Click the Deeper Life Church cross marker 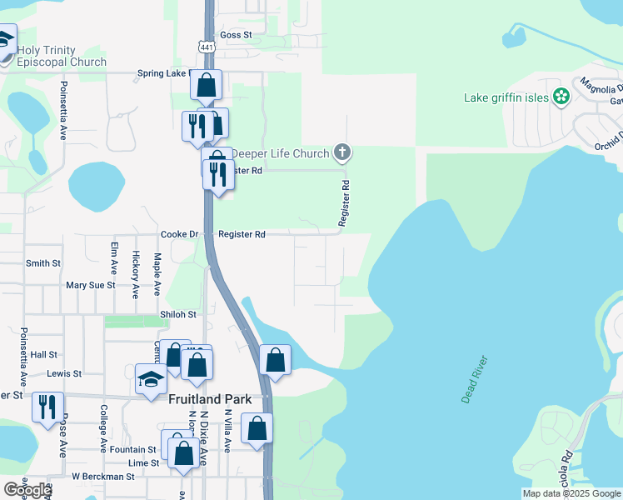tap(341, 152)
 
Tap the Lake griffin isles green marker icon tap(561, 97)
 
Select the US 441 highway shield tap(206, 47)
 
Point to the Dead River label tap(475, 381)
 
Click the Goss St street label tap(236, 35)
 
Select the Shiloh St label tap(177, 314)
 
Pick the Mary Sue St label tap(90, 285)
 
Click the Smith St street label tap(43, 262)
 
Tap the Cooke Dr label tap(179, 235)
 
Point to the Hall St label tap(43, 354)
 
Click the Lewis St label tap(64, 374)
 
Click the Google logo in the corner tap(27, 490)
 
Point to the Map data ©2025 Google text tap(571, 493)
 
